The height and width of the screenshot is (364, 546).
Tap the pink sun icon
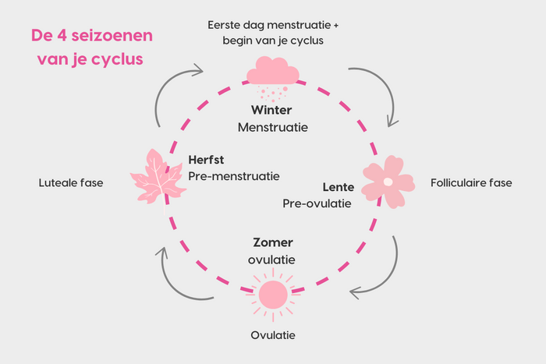point(272,294)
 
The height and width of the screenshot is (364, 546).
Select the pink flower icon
point(388,182)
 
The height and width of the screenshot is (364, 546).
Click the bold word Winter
point(272,110)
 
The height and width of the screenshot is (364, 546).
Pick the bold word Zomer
point(272,242)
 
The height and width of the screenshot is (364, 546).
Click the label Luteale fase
point(71,183)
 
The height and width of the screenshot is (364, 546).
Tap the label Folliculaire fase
point(471,183)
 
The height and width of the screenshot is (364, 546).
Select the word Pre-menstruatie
point(234,176)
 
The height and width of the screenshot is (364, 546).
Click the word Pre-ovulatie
point(317,203)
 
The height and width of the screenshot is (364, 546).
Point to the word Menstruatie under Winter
point(272,126)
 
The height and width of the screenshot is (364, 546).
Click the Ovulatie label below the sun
point(272,336)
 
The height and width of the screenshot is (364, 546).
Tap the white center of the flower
point(388,182)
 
